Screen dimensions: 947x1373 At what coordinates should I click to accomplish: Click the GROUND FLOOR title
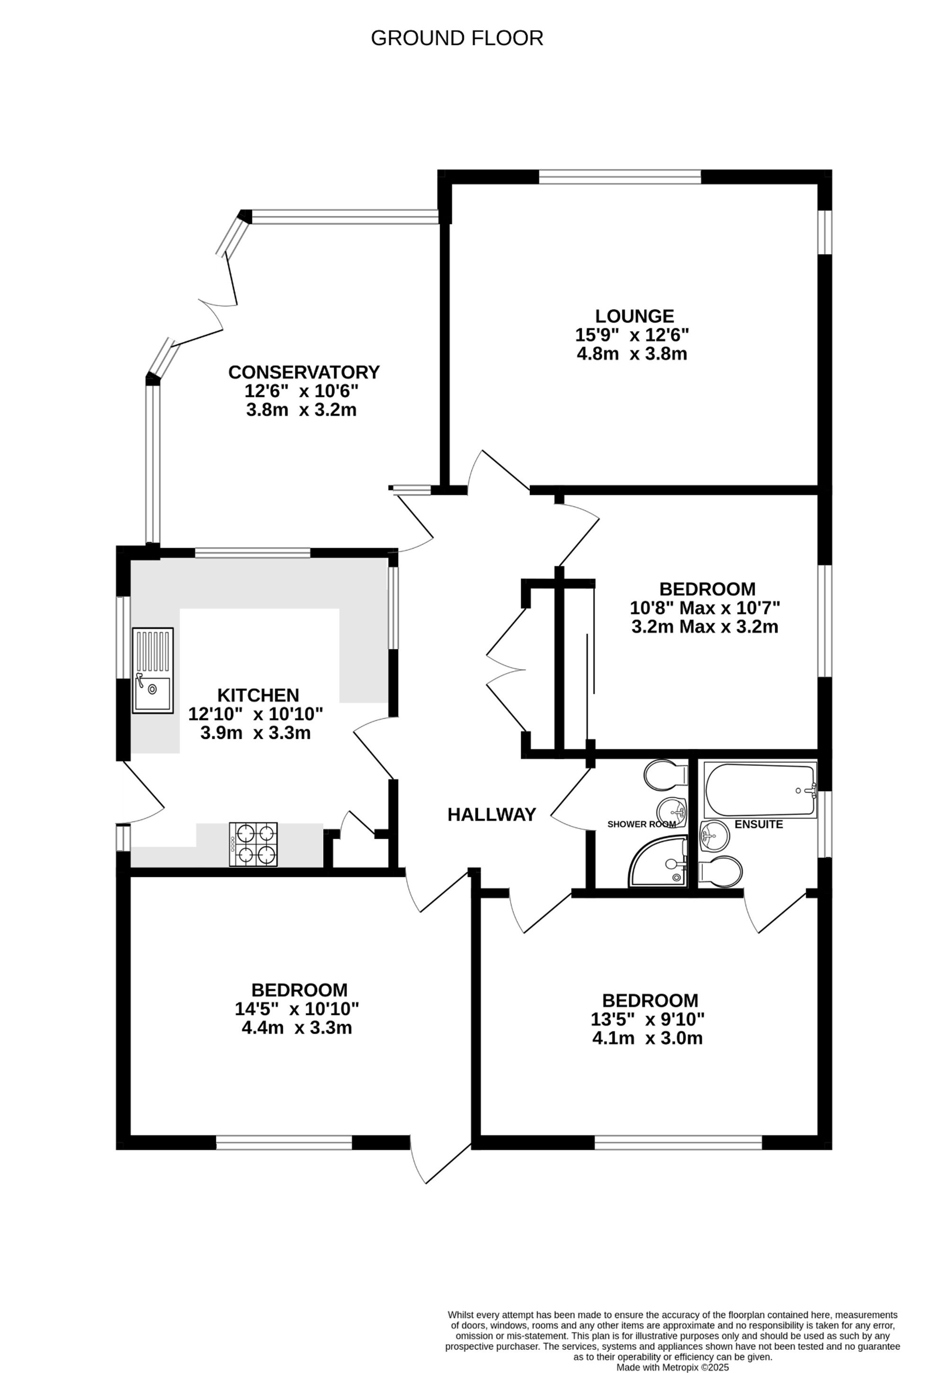pyautogui.click(x=457, y=38)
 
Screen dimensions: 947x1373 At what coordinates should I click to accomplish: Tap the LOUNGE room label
pyautogui.click(x=635, y=315)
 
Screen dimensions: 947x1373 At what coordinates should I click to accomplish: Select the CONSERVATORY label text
pyautogui.click(x=304, y=372)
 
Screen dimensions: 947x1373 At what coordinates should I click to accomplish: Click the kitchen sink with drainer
pyautogui.click(x=152, y=671)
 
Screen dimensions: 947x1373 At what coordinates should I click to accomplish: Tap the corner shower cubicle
pyautogui.click(x=661, y=864)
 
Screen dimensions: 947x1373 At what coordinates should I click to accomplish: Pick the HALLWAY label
pyautogui.click(x=491, y=815)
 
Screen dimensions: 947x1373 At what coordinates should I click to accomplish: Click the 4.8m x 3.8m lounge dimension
pyautogui.click(x=632, y=354)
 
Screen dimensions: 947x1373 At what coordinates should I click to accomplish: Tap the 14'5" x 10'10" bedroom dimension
pyautogui.click(x=297, y=1009)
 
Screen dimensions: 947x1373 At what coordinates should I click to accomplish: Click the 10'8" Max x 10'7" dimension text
pyautogui.click(x=704, y=608)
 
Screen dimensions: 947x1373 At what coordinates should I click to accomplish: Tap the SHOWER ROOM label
pyautogui.click(x=642, y=824)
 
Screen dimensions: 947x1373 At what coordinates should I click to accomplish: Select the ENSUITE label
pyautogui.click(x=759, y=824)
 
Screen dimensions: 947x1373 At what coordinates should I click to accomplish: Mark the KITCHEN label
pyautogui.click(x=258, y=695)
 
